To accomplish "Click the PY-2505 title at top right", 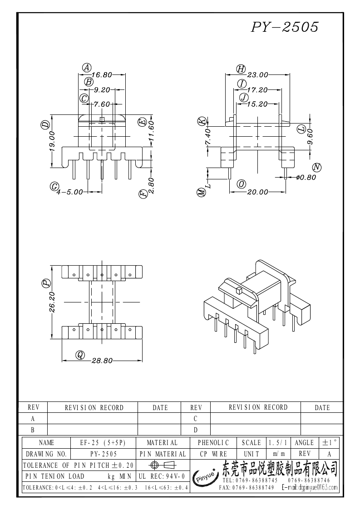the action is tap(285, 27).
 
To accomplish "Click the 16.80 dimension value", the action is tap(102, 75).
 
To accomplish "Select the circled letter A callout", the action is tap(87, 68).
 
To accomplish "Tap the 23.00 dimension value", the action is tap(257, 75).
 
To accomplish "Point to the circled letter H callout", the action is tap(241, 69).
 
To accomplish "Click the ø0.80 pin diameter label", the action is tap(306, 178).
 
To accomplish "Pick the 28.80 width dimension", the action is tap(102, 361).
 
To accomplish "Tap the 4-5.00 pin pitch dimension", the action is tap(69, 192).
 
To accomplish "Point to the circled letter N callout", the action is tap(317, 168).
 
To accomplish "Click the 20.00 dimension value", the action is tap(257, 192).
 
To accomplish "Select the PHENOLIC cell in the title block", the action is tap(213, 443).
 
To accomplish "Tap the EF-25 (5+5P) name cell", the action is tap(103, 443).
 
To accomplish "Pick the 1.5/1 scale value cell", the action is tap(278, 443).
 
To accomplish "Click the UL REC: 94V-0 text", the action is tap(162, 476).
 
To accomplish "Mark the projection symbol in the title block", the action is tap(162, 465).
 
